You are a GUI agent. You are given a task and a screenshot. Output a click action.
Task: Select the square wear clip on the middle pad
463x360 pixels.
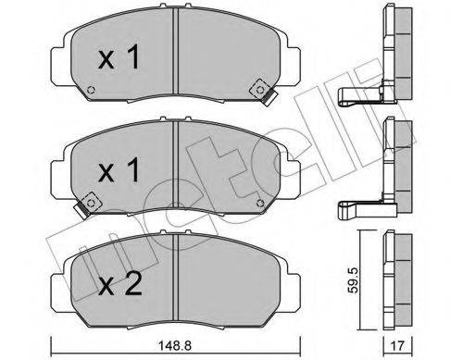click(x=90, y=198)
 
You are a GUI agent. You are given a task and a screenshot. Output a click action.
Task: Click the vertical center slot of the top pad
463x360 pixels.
click(x=176, y=56)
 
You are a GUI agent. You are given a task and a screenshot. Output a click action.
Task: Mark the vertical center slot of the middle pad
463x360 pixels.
click(x=176, y=167)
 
